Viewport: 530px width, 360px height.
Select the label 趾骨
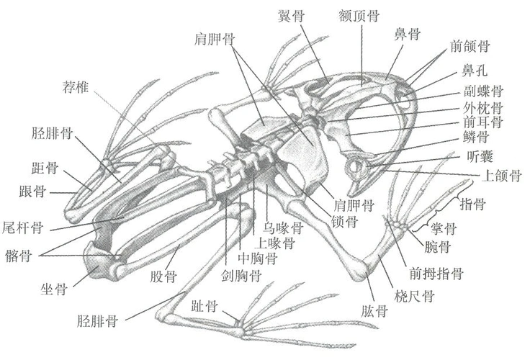point(205,306)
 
